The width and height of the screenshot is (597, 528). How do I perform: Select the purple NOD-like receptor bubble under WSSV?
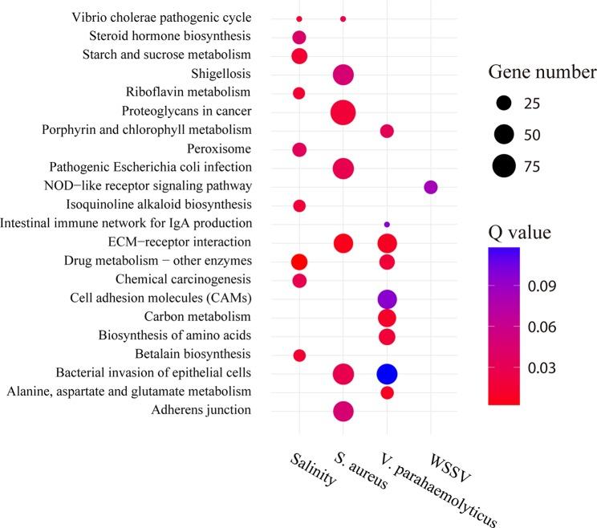click(430, 187)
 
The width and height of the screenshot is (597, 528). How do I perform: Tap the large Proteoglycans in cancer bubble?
click(343, 112)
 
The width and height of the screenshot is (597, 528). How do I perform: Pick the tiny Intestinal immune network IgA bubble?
click(387, 224)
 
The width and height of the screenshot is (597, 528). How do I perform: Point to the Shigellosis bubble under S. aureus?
click(343, 75)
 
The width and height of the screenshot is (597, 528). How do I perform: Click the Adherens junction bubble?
click(343, 411)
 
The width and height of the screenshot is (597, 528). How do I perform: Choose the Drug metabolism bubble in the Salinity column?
click(299, 262)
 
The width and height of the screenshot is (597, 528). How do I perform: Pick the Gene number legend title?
click(541, 73)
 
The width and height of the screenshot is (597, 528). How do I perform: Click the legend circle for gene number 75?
click(505, 166)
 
